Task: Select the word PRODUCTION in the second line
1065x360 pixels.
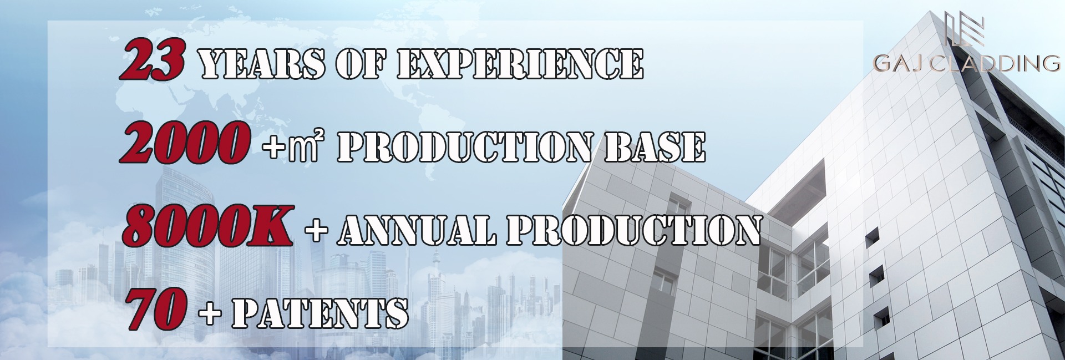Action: [x=465, y=148]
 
